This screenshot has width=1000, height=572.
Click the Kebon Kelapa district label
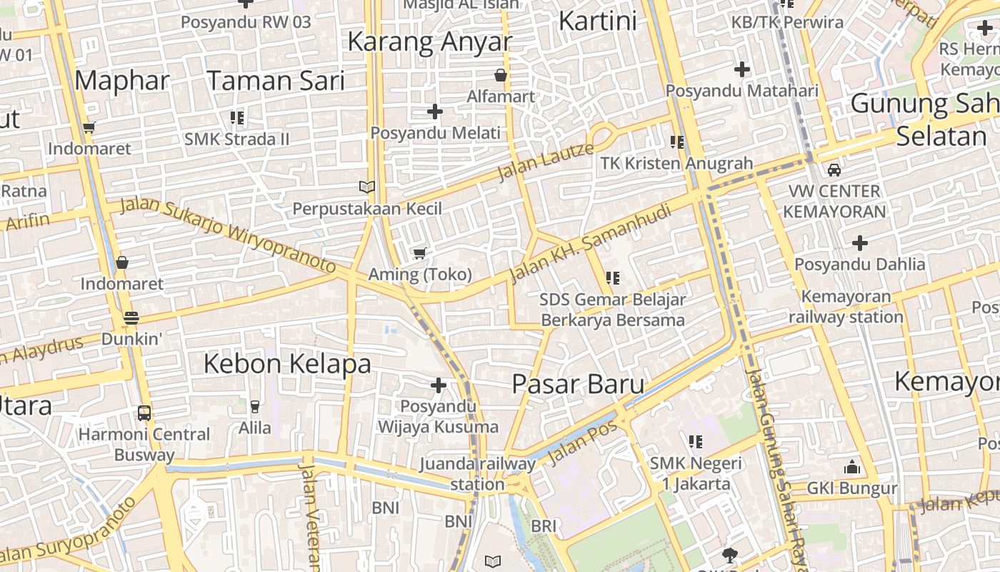287,364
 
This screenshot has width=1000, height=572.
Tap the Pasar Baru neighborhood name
578,384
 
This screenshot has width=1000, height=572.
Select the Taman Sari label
276,80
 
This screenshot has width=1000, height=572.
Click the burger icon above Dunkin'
131,317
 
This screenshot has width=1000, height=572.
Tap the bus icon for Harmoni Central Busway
144,413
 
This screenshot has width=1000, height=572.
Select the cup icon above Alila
254,407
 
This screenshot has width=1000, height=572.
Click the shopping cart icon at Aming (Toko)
420,253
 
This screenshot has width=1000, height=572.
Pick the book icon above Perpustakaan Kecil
366,187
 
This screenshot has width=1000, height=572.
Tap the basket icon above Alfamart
501,75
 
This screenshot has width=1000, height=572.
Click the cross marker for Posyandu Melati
434,112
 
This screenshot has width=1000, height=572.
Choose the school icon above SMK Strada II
237,117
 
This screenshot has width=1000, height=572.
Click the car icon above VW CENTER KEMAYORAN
834,170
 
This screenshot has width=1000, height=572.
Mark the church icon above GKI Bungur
851,468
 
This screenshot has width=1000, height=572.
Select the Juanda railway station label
477,473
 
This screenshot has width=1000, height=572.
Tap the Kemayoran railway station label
846,307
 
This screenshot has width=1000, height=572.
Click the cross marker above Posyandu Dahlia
860,243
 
